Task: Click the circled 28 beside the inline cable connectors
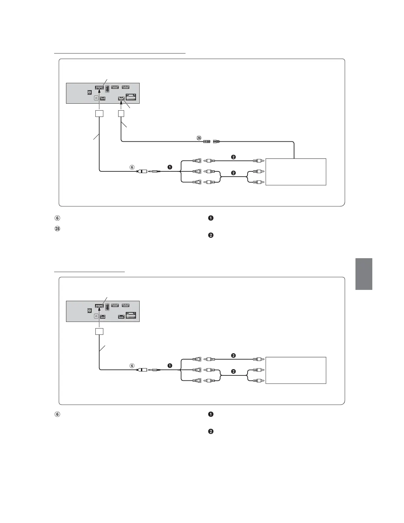pos(199,138)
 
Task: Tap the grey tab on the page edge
pos(364,274)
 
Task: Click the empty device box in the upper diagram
pos(296,172)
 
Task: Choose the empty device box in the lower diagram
pos(296,370)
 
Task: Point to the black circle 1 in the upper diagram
pos(170,167)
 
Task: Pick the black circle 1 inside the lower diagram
pos(170,366)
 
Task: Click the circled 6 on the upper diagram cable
pos(132,167)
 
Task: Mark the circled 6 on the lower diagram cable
pos(132,366)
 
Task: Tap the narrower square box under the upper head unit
pos(121,114)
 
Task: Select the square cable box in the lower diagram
pos(99,331)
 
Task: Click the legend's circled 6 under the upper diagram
pos(57,218)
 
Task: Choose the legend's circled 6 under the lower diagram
pos(57,414)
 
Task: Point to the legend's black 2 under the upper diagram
pos(211,235)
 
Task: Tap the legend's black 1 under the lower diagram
pos(211,414)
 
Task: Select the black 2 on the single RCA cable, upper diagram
pos(233,157)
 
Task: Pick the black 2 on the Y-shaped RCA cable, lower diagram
pos(233,372)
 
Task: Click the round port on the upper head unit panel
pos(96,98)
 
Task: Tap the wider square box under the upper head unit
pos(99,114)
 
